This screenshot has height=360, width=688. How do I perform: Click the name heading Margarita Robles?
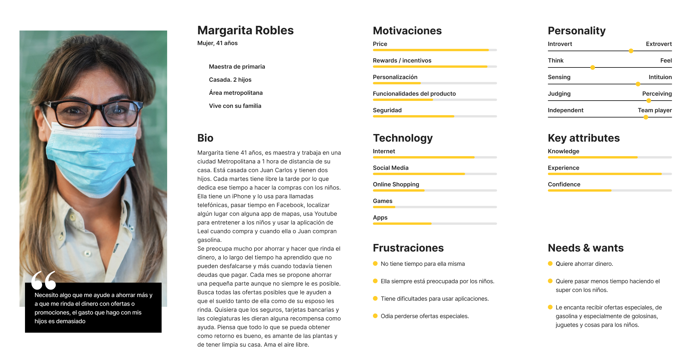(245, 31)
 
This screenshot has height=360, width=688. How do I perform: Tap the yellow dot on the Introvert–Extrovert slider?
(631, 51)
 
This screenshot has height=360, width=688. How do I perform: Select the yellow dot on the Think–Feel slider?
(592, 67)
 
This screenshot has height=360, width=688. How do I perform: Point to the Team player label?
(655, 110)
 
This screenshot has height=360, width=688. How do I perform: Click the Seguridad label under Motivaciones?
(387, 110)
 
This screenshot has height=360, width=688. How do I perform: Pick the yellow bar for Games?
(384, 207)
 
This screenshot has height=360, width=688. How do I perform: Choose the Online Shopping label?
(396, 184)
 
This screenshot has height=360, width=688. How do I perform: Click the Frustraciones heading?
(408, 248)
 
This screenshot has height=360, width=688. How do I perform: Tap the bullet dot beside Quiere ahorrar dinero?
(550, 263)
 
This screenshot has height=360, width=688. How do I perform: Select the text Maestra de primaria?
(237, 67)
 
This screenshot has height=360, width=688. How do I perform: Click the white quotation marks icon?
(44, 280)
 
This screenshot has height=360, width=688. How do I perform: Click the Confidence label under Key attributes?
(564, 184)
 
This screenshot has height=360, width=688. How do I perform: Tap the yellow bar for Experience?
(605, 174)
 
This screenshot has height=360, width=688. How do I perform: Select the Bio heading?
(205, 138)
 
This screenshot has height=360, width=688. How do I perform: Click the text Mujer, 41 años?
(217, 43)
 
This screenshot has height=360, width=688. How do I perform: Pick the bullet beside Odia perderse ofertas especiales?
(375, 316)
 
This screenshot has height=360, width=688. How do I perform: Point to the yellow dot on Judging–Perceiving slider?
(648, 101)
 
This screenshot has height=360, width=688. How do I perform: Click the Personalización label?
(395, 77)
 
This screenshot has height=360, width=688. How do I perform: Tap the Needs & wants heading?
(585, 248)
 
